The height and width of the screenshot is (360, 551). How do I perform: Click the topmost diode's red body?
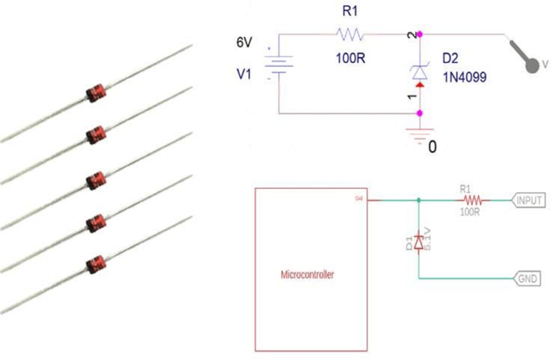click(95, 92)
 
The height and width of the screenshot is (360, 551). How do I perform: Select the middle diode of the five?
click(95, 178)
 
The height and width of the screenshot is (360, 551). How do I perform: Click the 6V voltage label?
click(245, 43)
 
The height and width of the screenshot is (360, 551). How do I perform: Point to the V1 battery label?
click(246, 74)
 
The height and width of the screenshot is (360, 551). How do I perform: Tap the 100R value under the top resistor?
click(352, 58)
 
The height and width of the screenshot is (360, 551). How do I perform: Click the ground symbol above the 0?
click(420, 136)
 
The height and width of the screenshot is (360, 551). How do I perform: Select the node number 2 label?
click(411, 34)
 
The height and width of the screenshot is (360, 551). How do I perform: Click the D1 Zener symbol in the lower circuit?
click(419, 237)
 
